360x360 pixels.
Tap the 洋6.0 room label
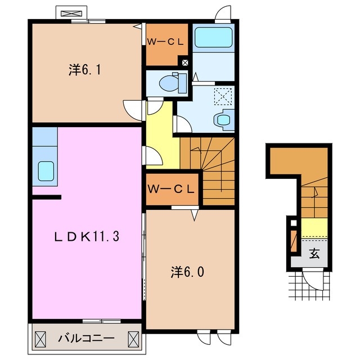click(x=187, y=273)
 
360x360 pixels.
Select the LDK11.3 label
click(x=86, y=237)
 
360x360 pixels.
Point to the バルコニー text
click(x=86, y=339)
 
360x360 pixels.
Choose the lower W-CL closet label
click(x=171, y=190)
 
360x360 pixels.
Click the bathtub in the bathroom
click(x=213, y=38)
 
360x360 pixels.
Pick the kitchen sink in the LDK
click(x=45, y=169)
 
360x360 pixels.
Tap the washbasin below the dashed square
click(x=223, y=119)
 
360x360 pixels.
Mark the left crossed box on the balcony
click(x=41, y=339)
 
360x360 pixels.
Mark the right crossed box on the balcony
click(x=134, y=339)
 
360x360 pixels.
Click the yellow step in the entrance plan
click(x=313, y=228)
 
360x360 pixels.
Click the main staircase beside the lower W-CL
click(x=217, y=169)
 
